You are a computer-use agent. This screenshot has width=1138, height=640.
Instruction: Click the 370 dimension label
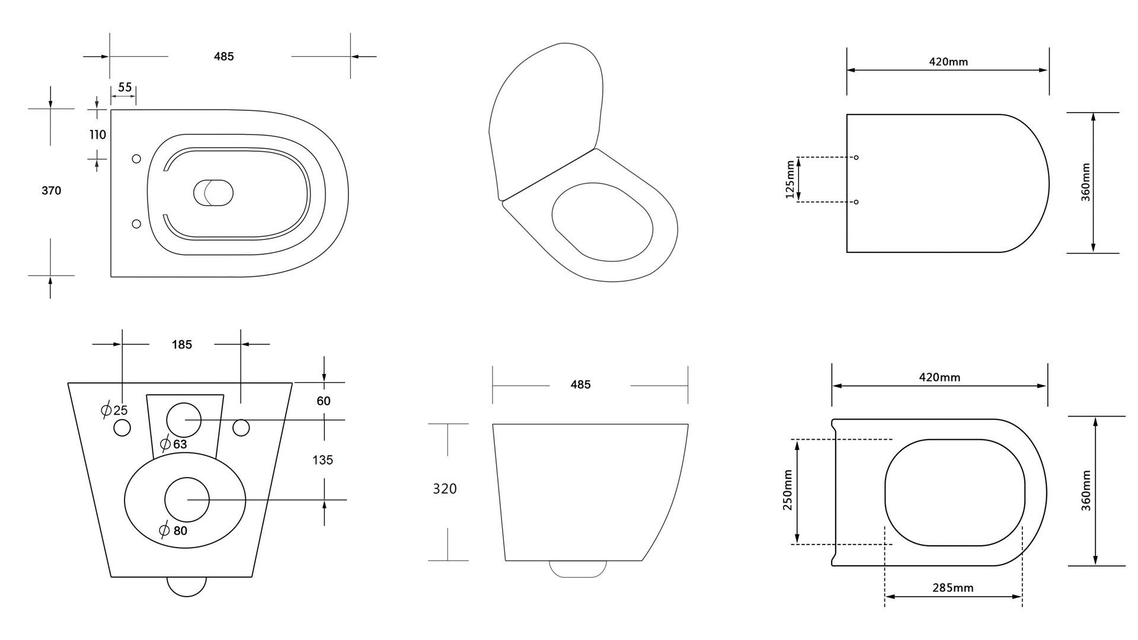(51, 191)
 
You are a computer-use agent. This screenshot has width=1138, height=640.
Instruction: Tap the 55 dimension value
(124, 88)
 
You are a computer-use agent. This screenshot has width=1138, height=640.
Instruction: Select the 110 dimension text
(98, 135)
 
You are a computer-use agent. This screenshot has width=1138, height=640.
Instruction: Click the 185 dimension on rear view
(182, 345)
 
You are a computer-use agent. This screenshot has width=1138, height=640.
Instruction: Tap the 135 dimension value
(322, 460)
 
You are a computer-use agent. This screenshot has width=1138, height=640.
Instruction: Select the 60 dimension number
(323, 401)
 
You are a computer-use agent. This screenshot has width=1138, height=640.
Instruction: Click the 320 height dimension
(445, 489)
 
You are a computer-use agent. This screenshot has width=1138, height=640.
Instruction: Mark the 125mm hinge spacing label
(789, 180)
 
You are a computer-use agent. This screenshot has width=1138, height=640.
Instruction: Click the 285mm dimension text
(953, 588)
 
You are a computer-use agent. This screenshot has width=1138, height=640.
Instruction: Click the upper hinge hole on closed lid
(856, 158)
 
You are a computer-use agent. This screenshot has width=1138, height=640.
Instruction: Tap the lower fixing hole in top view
(136, 223)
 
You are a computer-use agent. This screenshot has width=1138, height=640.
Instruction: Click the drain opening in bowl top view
(213, 193)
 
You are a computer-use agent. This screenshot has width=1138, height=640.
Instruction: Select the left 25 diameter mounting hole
(122, 428)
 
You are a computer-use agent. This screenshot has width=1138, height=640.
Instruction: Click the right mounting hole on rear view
(241, 427)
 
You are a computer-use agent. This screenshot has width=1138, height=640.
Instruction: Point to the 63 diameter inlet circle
(184, 420)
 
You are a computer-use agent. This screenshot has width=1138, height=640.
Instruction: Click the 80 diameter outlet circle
(187, 500)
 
